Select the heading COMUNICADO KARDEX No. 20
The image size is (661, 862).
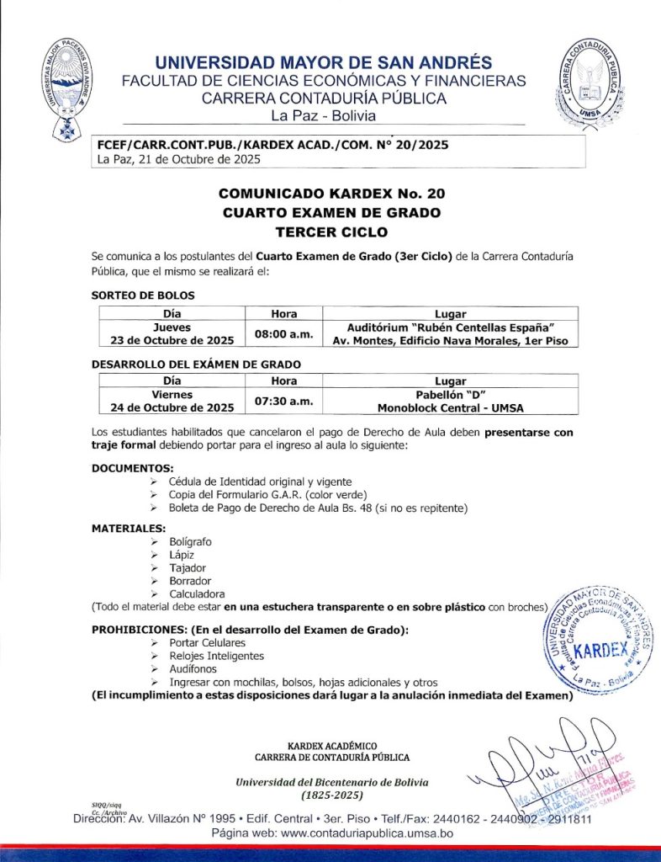coord(330,194)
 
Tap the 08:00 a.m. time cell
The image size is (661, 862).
coord(284,334)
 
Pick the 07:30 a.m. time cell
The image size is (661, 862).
coord(284,402)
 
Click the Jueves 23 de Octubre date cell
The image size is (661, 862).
coord(172,334)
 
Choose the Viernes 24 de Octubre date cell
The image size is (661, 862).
coord(172,402)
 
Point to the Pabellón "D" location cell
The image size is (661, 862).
coord(450,402)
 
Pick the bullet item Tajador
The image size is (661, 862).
coord(187,568)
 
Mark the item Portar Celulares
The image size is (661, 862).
coord(207,642)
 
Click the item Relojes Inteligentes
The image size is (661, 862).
coord(216,656)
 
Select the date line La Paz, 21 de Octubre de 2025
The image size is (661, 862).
coord(179,158)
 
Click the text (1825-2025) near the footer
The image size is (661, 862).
coord(331,795)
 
